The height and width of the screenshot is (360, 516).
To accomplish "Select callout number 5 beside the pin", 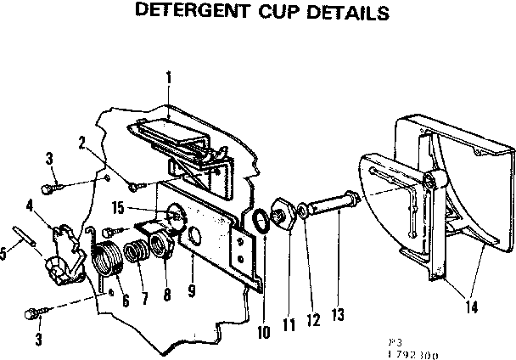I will coord(6,251).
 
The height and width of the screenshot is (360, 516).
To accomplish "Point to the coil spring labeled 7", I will coord(134,252).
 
